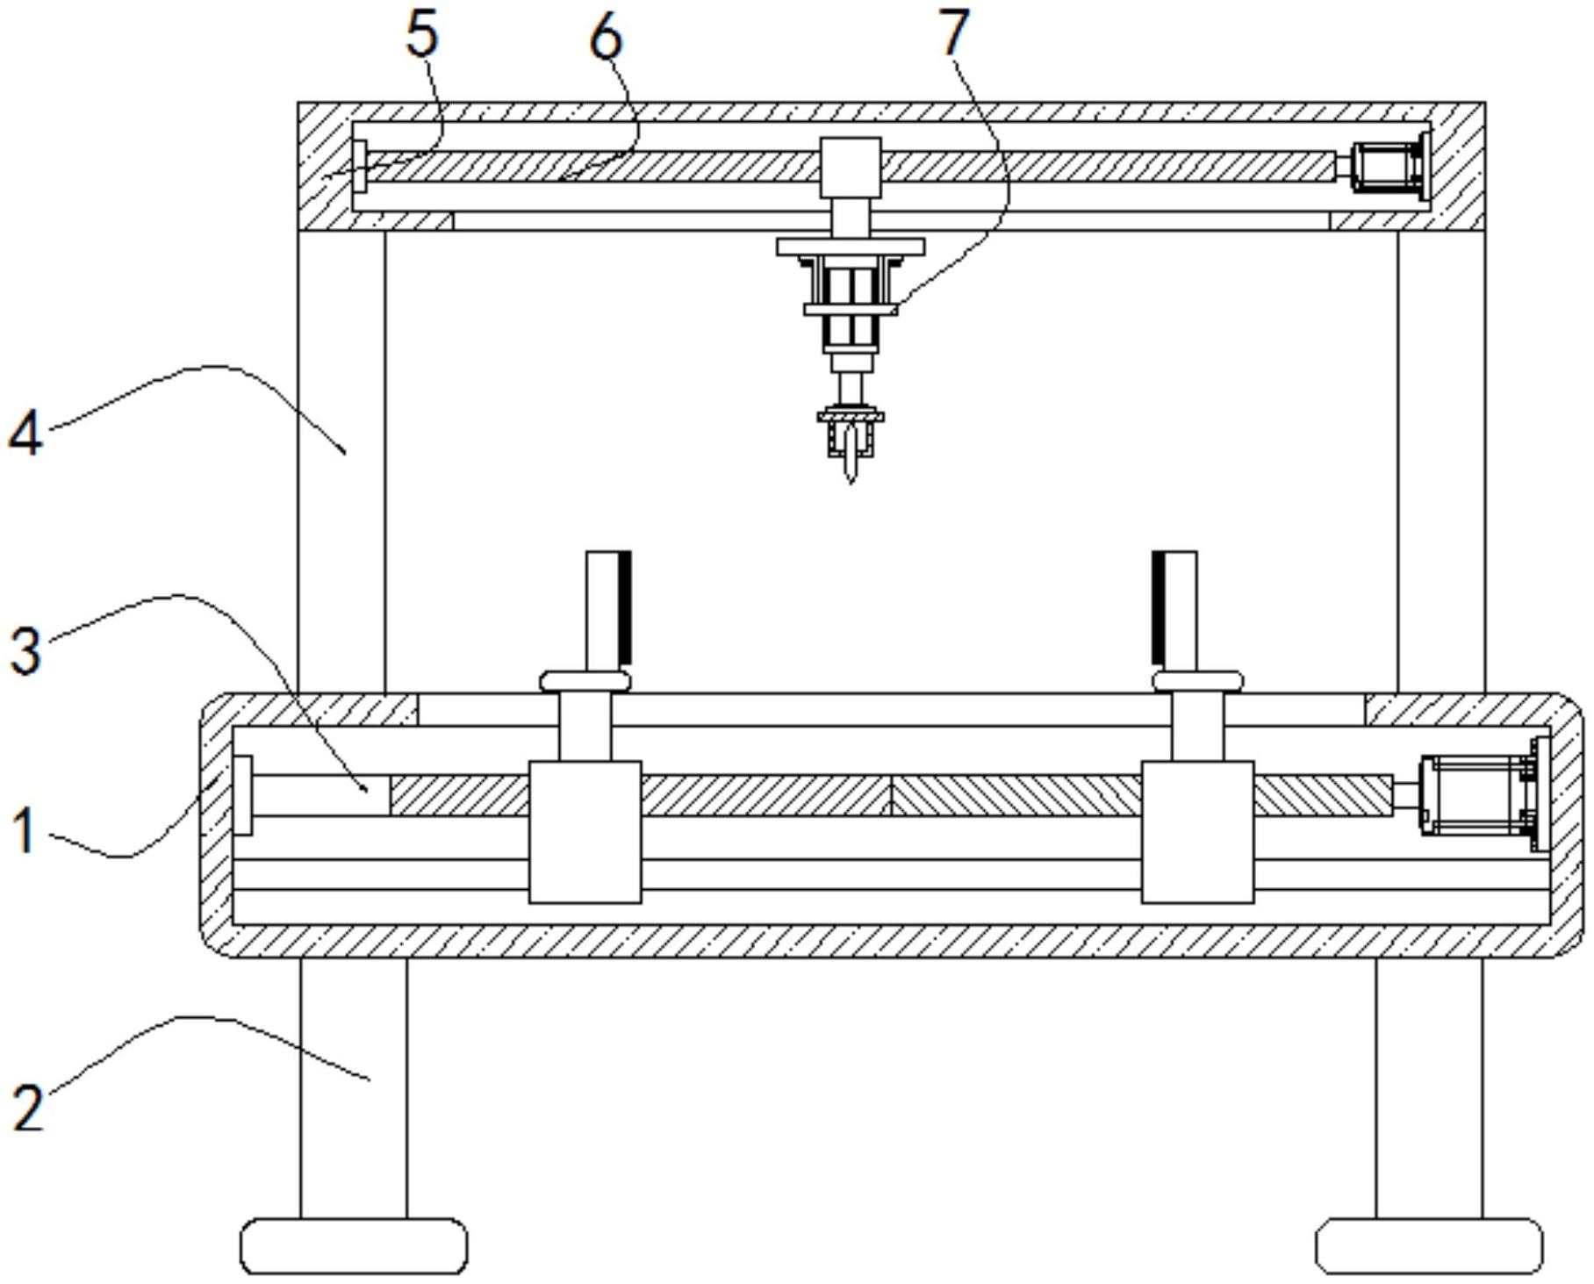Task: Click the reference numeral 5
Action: [422, 37]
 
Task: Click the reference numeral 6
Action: [606, 39]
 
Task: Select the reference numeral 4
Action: [25, 434]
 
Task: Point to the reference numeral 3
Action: [25, 651]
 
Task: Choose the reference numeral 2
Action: [27, 1107]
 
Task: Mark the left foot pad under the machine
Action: [354, 1245]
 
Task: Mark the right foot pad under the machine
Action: [1428, 1245]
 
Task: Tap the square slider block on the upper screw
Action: [851, 167]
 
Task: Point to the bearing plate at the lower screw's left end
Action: [242, 794]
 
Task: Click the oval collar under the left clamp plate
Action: [585, 681]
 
